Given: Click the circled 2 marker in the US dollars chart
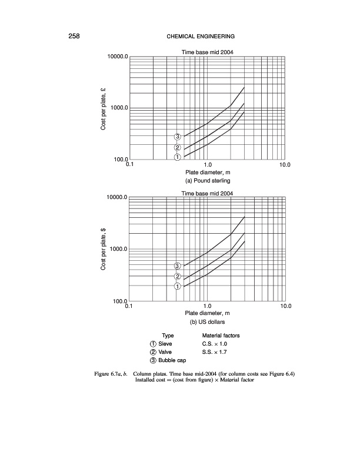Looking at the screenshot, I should (x=177, y=277).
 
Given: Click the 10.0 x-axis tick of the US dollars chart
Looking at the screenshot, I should (x=285, y=307).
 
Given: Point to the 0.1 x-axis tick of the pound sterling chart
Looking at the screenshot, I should (x=129, y=165).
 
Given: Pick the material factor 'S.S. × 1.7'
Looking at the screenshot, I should (x=216, y=351).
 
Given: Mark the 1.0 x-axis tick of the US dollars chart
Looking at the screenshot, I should (x=207, y=307).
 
